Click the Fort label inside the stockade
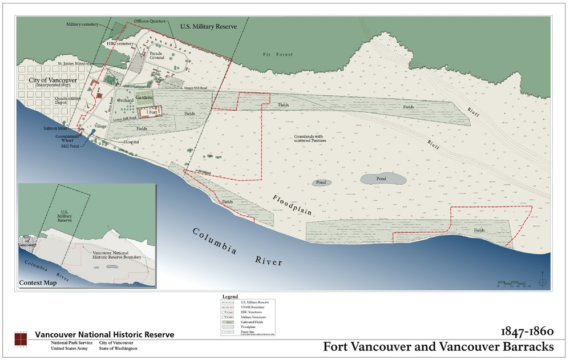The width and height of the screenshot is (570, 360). pyautogui.click(x=152, y=112)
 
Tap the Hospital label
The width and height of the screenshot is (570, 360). pyautogui.click(x=131, y=141)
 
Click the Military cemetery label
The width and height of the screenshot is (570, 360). pyautogui.click(x=82, y=25)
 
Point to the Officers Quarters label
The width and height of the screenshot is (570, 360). pyautogui.click(x=149, y=22)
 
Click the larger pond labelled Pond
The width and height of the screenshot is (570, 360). pyautogui.click(x=383, y=179)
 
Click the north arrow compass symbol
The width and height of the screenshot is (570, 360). pyautogui.click(x=542, y=282)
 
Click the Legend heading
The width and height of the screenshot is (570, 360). pyautogui.click(x=229, y=297)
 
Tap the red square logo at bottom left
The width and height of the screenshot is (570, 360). pyautogui.click(x=21, y=339)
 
